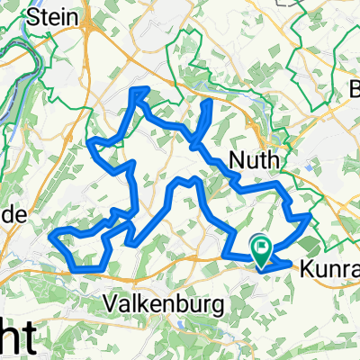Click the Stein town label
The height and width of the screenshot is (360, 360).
(52, 16)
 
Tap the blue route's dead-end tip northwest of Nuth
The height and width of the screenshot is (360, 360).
(211, 102)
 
